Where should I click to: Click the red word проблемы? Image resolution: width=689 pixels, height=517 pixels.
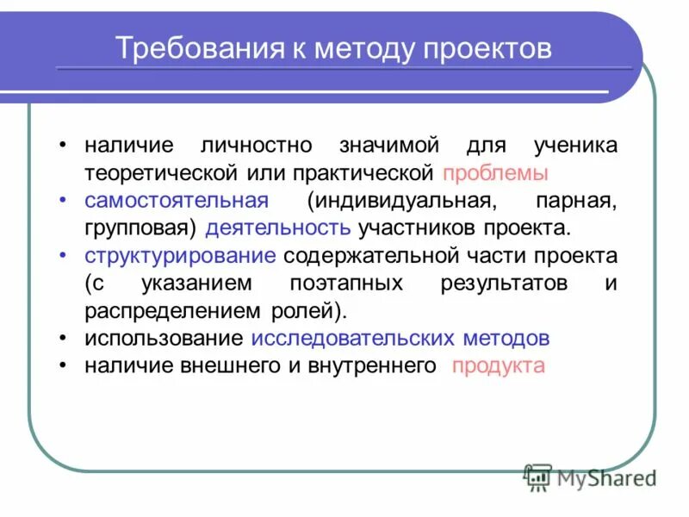coord(495,173)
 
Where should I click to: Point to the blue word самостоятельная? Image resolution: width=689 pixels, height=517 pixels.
coord(177,201)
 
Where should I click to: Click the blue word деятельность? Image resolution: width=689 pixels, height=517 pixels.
coord(278,228)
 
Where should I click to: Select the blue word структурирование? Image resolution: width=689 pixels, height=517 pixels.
coord(180,256)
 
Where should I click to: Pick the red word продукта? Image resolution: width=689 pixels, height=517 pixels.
coord(499,366)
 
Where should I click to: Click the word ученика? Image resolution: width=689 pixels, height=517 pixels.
coord(574,146)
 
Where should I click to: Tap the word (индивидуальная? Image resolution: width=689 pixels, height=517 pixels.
coord(402,201)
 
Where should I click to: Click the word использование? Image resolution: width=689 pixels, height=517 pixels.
coord(163,339)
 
